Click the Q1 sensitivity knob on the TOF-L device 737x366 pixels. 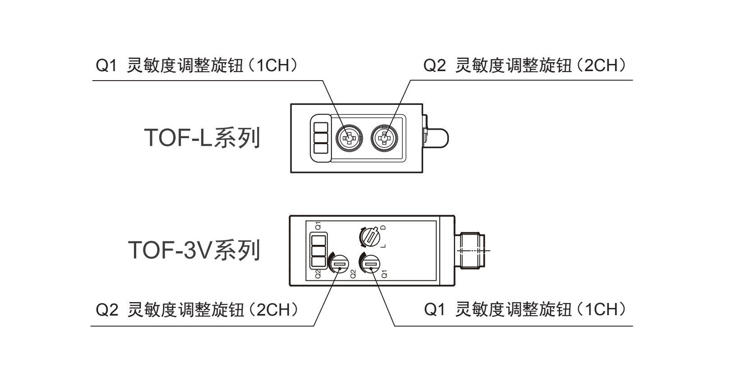pyautogui.click(x=348, y=138)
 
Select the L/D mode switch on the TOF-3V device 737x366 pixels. pyautogui.click(x=370, y=237)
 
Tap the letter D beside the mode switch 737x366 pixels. pyautogui.click(x=384, y=228)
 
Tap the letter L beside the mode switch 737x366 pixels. pyautogui.click(x=384, y=246)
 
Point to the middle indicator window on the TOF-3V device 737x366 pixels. pyautogui.click(x=318, y=250)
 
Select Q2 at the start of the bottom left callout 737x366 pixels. pyautogui.click(x=107, y=310)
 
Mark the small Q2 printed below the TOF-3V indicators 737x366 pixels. pyautogui.click(x=318, y=274)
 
